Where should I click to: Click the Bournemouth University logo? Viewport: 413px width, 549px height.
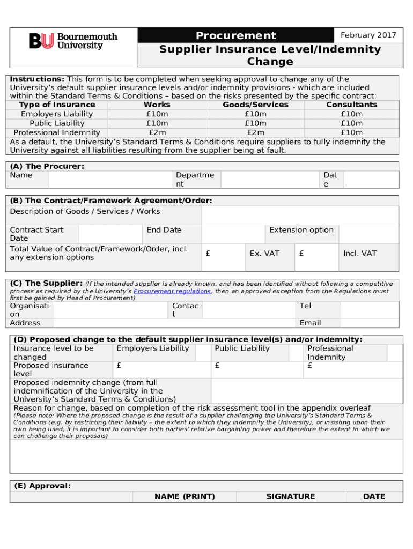pos(73,41)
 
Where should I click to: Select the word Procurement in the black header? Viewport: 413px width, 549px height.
pos(235,36)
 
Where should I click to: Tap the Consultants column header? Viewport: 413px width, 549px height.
pos(351,105)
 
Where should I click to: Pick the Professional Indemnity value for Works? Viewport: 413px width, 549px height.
pos(157,132)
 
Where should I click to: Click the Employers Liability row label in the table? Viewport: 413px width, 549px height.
pos(57,114)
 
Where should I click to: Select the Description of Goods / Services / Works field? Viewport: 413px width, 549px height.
pos(300,216)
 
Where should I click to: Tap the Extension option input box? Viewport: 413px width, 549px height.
pos(369,234)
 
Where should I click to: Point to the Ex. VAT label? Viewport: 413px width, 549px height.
pos(264,253)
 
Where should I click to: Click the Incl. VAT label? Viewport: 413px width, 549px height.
pos(360,253)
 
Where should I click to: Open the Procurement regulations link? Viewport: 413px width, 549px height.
pos(172,291)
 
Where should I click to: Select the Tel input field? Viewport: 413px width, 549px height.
pos(370,310)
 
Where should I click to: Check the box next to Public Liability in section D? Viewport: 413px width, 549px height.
pos(297,353)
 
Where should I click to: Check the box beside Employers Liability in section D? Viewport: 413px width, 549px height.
pos(203,353)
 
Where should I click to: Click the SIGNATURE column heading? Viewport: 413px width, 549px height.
pos(290,496)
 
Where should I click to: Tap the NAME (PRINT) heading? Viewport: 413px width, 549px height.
pos(185,496)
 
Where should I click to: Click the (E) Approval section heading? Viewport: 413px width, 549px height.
pos(42,486)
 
